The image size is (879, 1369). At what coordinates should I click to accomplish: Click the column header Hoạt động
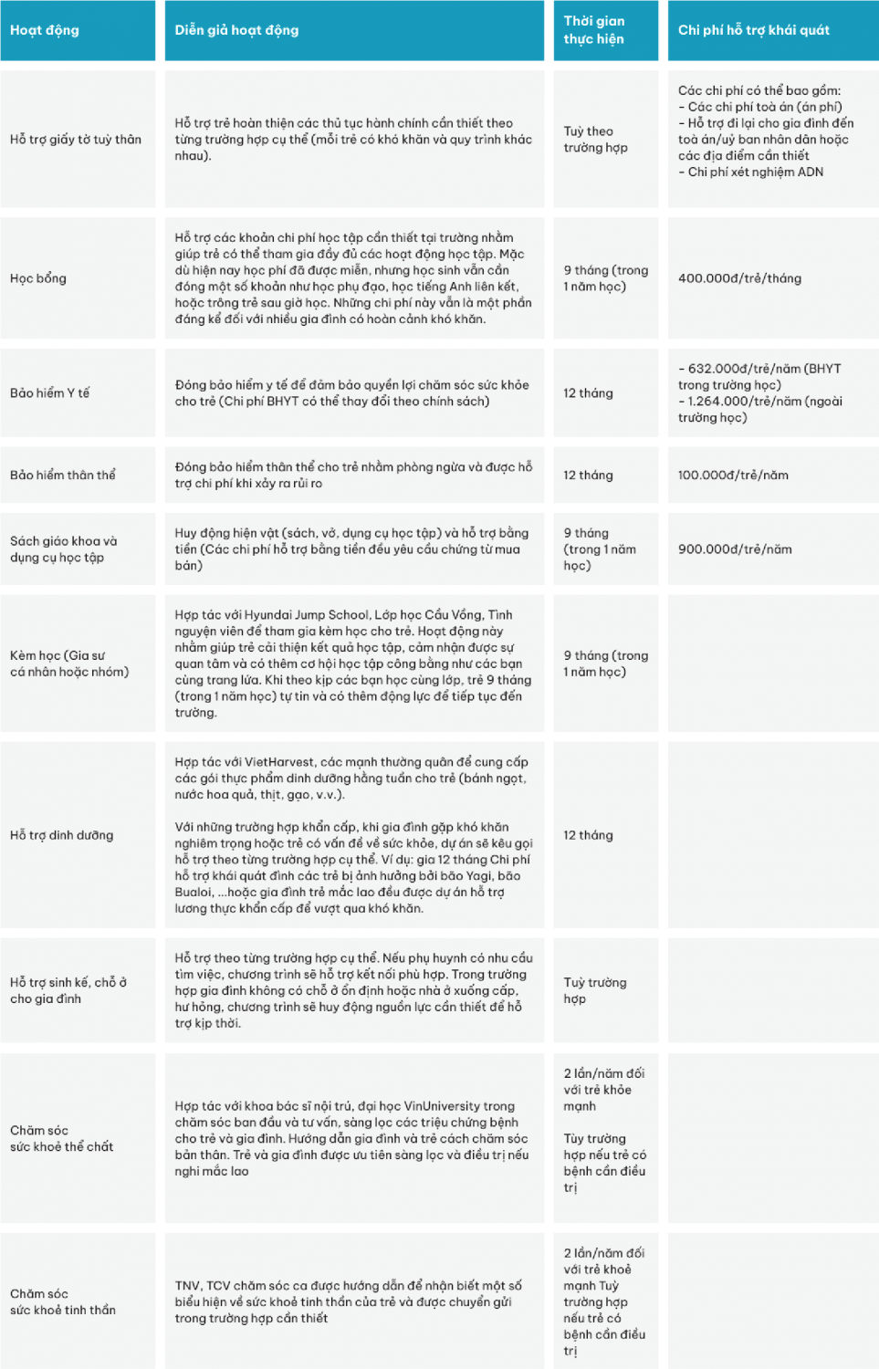click(x=45, y=30)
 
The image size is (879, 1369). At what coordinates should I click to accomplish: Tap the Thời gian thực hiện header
click(x=594, y=30)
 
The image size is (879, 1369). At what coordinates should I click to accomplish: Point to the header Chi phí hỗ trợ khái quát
click(x=753, y=30)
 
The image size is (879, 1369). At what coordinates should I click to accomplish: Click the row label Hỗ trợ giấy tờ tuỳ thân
click(x=76, y=140)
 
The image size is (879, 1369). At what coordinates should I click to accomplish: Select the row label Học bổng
click(x=38, y=278)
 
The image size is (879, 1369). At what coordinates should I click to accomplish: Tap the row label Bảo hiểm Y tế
click(x=50, y=393)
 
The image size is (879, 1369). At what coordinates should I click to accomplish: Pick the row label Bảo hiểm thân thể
click(x=63, y=475)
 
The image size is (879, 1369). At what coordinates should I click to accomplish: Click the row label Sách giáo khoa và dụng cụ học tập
click(x=64, y=549)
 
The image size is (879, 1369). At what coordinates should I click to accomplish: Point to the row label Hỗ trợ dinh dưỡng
click(x=62, y=835)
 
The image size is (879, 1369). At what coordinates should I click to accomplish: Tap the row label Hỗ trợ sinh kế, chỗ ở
click(x=68, y=990)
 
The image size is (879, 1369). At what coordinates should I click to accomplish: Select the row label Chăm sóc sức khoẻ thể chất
click(x=61, y=1138)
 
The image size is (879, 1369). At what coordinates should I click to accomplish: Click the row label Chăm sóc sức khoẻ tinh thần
click(x=63, y=1301)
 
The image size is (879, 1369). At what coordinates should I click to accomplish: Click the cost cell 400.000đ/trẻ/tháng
click(x=739, y=278)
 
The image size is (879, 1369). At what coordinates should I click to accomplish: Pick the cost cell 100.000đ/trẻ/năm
click(x=733, y=475)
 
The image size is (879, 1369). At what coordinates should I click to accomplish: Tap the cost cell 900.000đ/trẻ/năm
click(x=735, y=549)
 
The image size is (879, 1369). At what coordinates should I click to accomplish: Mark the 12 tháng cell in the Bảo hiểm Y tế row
click(x=588, y=393)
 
